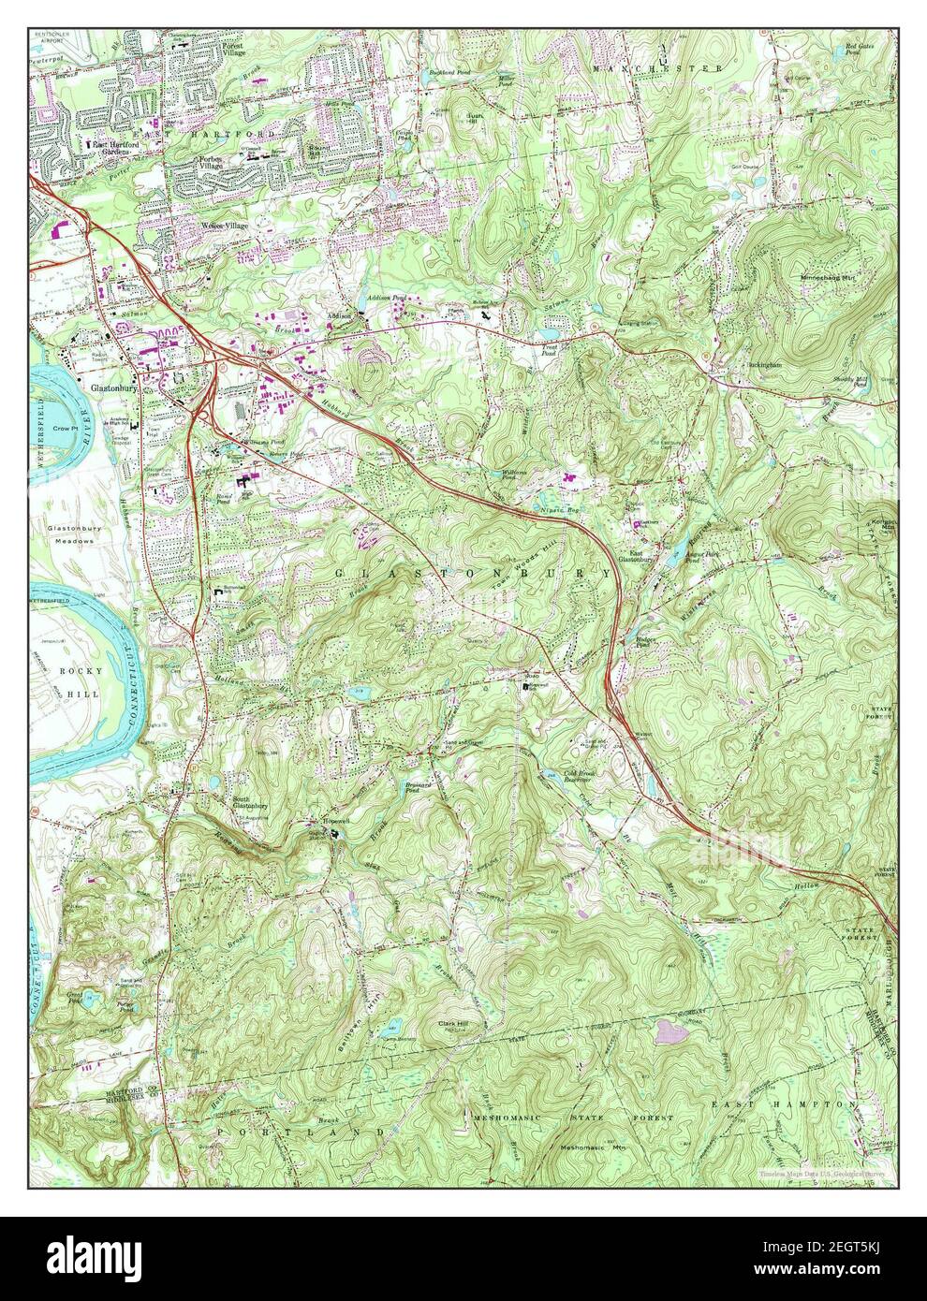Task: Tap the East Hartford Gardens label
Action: pos(110,148)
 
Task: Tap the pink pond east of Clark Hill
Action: pos(671,1031)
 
